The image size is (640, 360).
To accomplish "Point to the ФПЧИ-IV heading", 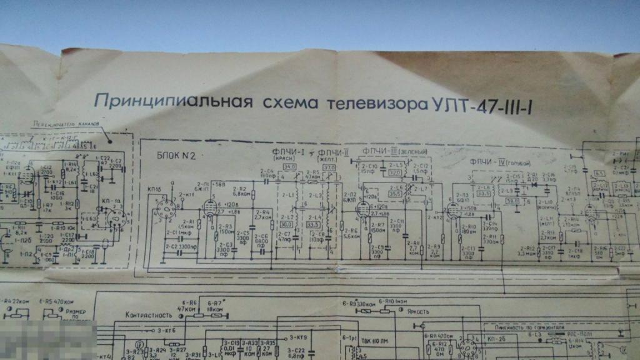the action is (x=485, y=159).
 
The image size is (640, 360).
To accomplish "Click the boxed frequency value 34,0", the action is (x=290, y=167).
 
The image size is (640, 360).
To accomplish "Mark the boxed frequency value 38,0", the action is (x=512, y=202).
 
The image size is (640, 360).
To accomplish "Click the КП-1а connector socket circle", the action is (x=115, y=218).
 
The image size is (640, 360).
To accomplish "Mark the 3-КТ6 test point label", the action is (x=164, y=329).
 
